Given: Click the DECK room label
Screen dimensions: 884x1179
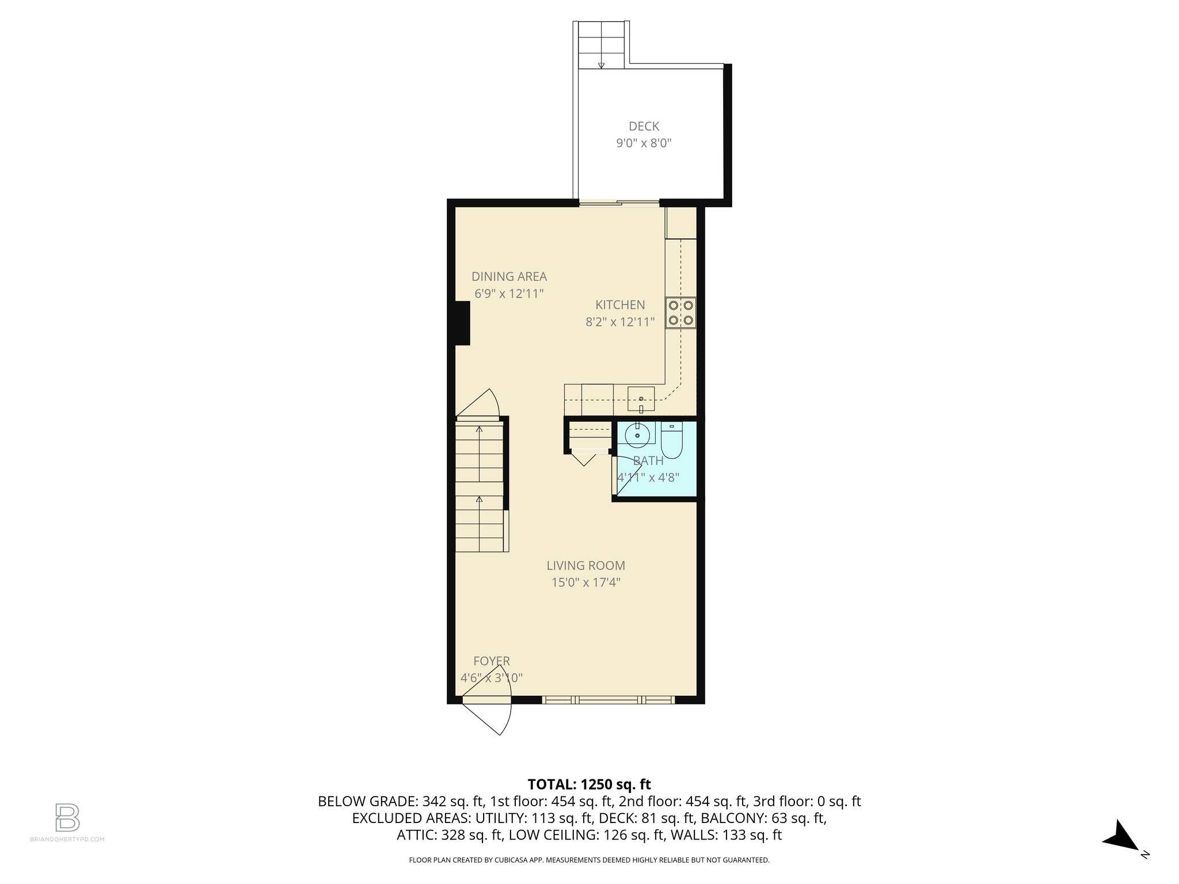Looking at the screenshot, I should [x=644, y=126].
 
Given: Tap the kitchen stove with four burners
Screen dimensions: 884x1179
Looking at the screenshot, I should [x=680, y=313].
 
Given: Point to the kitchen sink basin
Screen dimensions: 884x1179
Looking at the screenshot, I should [x=641, y=399].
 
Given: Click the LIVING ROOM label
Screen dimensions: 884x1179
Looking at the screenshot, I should [x=585, y=566].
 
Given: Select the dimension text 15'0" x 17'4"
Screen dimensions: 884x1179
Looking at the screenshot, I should [x=585, y=582].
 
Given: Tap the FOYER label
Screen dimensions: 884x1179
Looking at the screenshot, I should [x=491, y=661].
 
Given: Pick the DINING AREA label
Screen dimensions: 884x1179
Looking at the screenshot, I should [x=509, y=276].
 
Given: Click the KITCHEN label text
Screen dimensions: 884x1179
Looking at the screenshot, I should [x=619, y=305].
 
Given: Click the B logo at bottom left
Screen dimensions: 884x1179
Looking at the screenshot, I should [x=67, y=817].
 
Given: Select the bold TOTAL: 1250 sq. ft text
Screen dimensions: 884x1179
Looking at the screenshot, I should [x=589, y=784].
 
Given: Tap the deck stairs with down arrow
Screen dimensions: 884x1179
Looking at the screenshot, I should [x=601, y=45].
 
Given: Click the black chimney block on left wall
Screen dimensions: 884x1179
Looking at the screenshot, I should [x=462, y=323].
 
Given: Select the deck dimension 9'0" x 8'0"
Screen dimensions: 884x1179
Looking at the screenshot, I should [x=644, y=143].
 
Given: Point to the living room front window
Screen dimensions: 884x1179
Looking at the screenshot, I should [x=608, y=700].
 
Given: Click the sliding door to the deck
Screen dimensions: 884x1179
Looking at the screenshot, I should [x=619, y=203].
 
